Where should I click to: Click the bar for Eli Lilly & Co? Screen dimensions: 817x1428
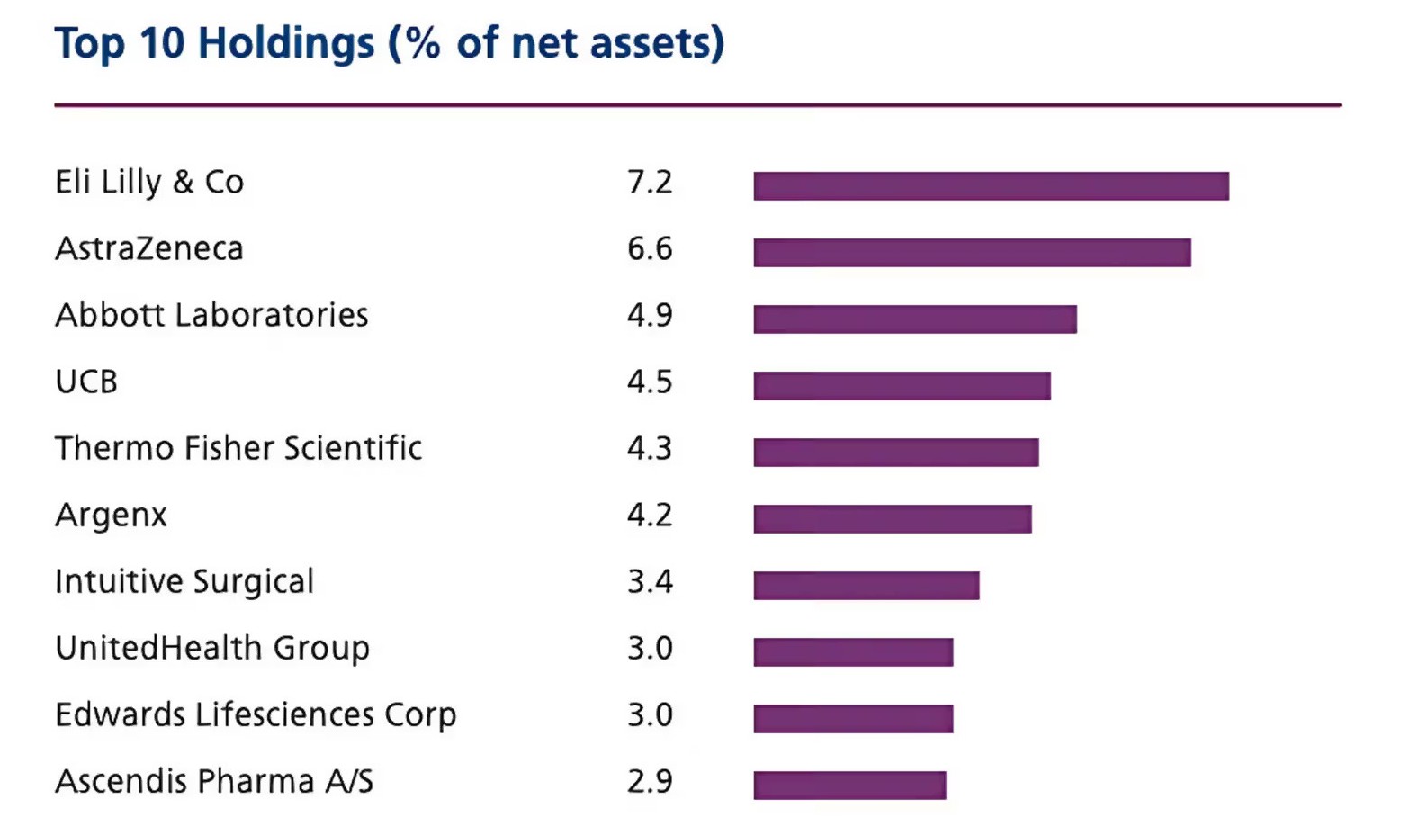[991, 186]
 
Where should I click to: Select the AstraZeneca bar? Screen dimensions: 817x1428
[972, 253]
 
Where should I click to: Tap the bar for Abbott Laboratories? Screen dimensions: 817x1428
[915, 319]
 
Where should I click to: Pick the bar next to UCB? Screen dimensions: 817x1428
[902, 386]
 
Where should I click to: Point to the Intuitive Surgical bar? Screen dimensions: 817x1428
[866, 586]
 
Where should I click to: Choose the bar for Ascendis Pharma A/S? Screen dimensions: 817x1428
[849, 786]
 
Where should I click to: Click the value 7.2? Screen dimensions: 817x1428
[650, 183]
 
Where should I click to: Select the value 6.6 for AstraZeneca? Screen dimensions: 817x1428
[650, 249]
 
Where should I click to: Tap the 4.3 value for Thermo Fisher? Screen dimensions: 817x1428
[650, 449]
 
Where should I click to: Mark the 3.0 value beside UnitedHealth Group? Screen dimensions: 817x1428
[650, 649]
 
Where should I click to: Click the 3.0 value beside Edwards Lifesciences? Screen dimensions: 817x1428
[650, 715]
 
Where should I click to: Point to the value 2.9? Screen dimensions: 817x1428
[650, 782]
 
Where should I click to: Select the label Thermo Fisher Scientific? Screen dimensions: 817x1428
[238, 448]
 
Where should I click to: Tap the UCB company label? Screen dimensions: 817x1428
[86, 382]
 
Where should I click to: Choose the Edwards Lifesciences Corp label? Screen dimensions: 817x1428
[256, 715]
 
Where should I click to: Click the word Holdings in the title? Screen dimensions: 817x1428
[286, 44]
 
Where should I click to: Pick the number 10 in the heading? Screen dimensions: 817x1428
[162, 44]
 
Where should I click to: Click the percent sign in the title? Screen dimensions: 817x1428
[423, 44]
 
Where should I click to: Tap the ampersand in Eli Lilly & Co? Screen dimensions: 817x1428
[183, 183]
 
